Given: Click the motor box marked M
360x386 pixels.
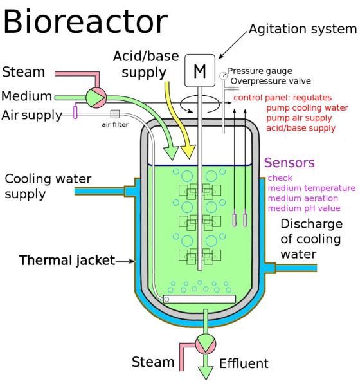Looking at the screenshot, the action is coord(200,71).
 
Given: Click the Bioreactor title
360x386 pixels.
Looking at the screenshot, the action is coord(85,21).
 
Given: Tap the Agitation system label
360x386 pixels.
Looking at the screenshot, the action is coord(303,30).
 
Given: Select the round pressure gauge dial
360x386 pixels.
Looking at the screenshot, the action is coord(223,75).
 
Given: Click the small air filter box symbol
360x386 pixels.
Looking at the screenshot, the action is coord(115,114).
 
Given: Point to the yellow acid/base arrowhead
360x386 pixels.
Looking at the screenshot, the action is coord(188,152).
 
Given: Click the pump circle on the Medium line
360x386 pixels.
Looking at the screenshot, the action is coord(96,98).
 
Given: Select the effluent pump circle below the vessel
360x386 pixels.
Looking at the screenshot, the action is coord(206,344).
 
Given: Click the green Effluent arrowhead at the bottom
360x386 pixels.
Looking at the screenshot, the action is coord(206,372).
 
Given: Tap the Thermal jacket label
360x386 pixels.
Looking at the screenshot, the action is coord(67,261).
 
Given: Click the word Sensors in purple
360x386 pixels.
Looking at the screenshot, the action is coord(289,163).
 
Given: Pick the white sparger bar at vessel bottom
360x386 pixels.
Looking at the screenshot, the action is coord(199,299).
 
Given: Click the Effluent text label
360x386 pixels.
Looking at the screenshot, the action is coord(244,363).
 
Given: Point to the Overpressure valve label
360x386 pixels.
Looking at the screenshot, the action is coord(271,81).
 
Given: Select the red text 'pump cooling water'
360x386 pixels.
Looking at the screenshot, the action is coord(307,108).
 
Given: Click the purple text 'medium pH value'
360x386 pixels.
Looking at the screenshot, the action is coord(304,208).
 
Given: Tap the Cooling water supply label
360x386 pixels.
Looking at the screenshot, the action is coord(48,187).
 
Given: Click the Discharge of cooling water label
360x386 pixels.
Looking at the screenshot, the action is coord(312,239).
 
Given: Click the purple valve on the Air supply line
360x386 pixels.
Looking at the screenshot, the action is coord(75,111).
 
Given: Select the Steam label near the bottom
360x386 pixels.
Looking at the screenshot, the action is coord(153,362).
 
